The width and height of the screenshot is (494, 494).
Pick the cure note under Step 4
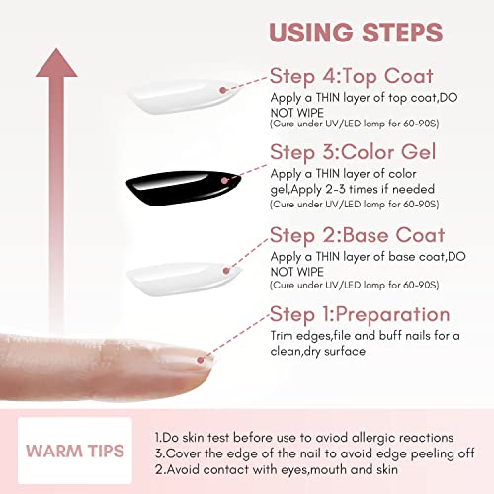pos(347,124)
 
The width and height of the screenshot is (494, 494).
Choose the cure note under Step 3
pos(347,205)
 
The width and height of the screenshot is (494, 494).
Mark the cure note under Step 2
pos(347,285)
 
